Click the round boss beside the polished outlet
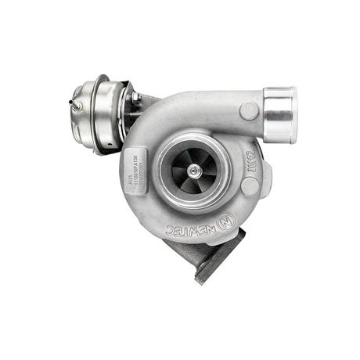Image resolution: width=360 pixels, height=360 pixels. pyautogui.click(x=249, y=111)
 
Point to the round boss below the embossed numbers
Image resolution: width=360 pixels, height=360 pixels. pyautogui.click(x=250, y=186)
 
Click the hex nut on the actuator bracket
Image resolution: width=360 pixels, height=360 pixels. pyautogui.click(x=135, y=96)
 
